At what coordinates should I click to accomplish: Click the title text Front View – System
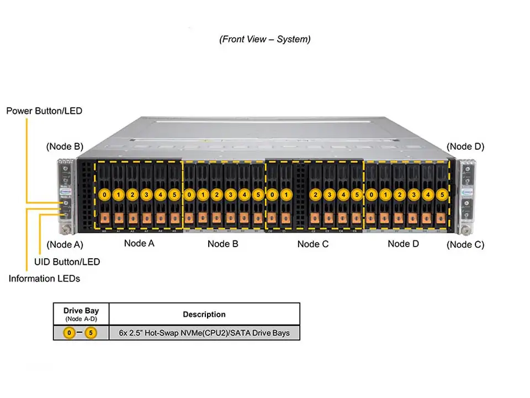click(x=265, y=39)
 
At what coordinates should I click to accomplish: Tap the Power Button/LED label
click(x=44, y=111)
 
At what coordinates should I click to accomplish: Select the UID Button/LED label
click(x=67, y=261)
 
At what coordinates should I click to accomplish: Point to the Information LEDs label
click(x=44, y=279)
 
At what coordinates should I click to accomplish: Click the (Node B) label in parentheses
click(x=65, y=146)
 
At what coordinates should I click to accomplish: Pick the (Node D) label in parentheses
click(x=465, y=146)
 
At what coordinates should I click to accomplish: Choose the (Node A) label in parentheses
click(x=65, y=244)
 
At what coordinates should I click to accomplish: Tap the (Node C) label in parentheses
click(x=465, y=244)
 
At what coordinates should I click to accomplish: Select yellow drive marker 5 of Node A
click(x=174, y=195)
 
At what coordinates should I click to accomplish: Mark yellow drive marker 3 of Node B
click(x=231, y=195)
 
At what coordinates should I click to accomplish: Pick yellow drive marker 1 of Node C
click(x=286, y=195)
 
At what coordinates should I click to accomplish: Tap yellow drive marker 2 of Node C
click(x=315, y=195)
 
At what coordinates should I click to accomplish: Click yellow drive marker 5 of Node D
click(x=441, y=195)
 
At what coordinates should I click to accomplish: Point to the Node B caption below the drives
click(x=222, y=244)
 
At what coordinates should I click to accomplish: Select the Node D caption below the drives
click(x=403, y=244)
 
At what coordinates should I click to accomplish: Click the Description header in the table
click(x=204, y=315)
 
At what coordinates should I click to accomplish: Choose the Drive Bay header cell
click(x=81, y=313)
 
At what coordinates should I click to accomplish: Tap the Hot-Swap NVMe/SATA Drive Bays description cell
click(x=204, y=333)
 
